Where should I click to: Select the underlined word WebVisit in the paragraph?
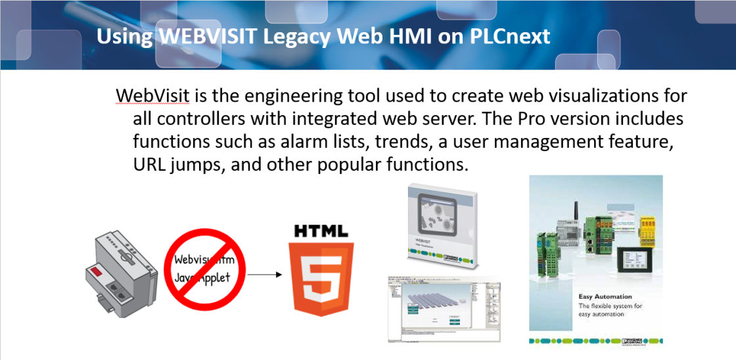(152, 96)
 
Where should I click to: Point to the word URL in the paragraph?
(149, 164)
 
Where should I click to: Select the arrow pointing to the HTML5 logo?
(265, 276)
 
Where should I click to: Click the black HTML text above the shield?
(321, 231)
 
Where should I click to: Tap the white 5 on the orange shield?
(321, 279)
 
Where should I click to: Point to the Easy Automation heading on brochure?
(605, 296)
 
